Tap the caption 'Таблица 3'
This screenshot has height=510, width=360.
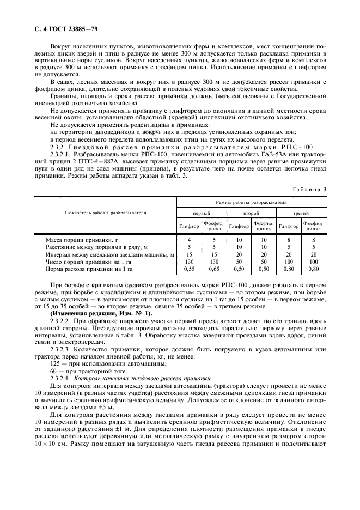click(309, 189)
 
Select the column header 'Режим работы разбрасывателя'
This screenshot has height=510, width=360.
click(251, 202)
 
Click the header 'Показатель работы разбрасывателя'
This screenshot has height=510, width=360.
click(106, 212)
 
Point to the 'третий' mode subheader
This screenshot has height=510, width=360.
click(301, 213)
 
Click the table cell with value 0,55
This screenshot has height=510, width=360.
click(189, 268)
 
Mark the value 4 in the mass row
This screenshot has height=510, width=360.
click(189, 240)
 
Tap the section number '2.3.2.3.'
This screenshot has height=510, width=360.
click(62, 349)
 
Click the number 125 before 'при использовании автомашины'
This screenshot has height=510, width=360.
click(55, 363)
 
